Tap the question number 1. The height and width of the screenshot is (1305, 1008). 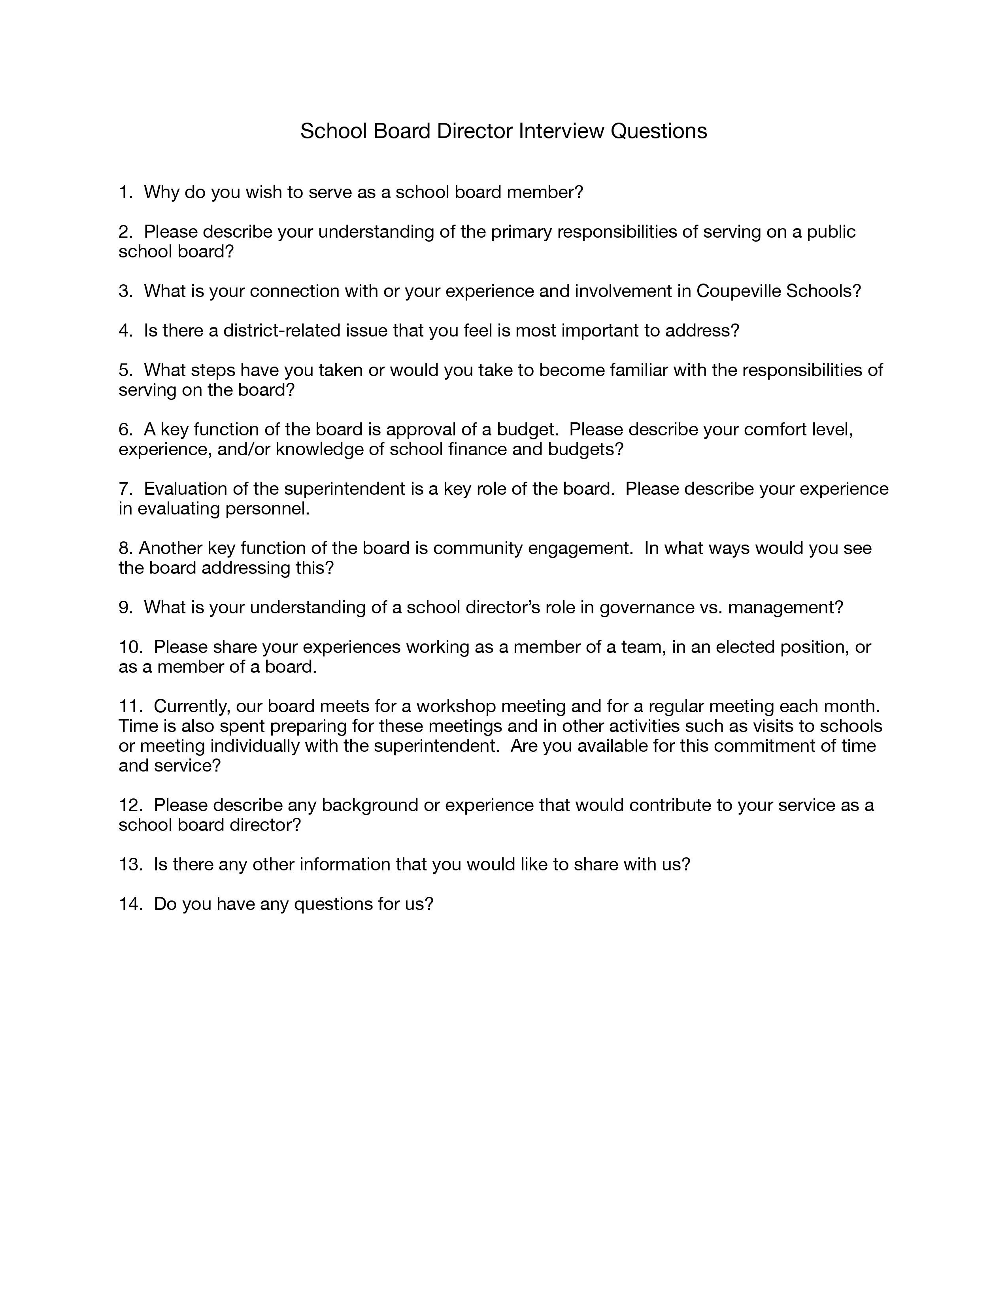(x=124, y=193)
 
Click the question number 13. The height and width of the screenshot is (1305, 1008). (x=130, y=864)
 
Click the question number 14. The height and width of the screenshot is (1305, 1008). (x=130, y=904)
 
